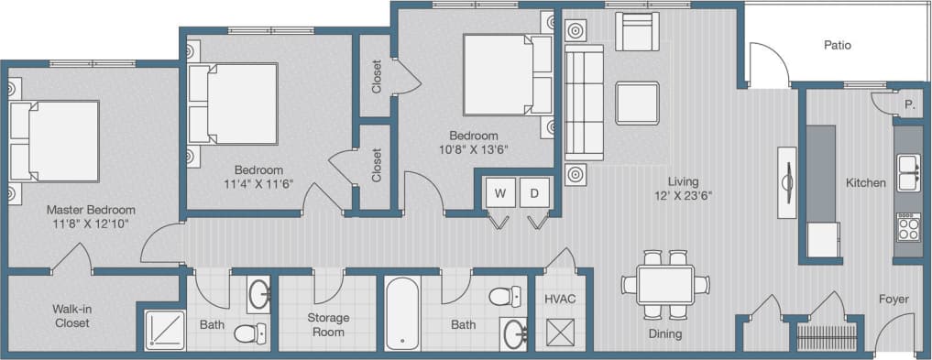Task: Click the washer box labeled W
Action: (x=500, y=193)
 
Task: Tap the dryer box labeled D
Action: (x=533, y=193)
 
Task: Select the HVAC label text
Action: (x=559, y=300)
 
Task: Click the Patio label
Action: (x=838, y=44)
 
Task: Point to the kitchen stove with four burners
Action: (x=907, y=226)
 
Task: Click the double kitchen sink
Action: (x=908, y=172)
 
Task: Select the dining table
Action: (x=665, y=285)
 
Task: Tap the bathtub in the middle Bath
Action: (x=402, y=314)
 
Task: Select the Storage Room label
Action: (x=328, y=324)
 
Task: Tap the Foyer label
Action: (x=893, y=298)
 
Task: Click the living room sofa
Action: (x=584, y=103)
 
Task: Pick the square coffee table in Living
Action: (x=637, y=103)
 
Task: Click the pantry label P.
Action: (x=910, y=104)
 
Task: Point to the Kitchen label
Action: (x=866, y=183)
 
